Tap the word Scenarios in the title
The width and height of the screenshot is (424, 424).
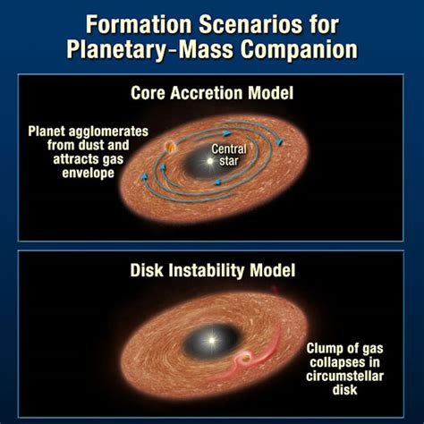[x=251, y=24]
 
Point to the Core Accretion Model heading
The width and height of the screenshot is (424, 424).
[x=212, y=93]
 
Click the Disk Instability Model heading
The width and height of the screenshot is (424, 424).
[x=213, y=270]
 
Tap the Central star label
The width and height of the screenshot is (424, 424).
[x=229, y=155]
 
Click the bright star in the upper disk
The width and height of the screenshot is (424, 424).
[x=210, y=161]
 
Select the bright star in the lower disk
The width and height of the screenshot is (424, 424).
[x=211, y=340]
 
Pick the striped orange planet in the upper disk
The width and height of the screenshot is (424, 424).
[x=170, y=147]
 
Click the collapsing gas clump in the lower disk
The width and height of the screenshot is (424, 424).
[x=246, y=357]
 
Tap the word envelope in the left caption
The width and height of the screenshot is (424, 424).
[x=88, y=173]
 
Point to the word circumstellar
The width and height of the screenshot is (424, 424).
[x=344, y=376]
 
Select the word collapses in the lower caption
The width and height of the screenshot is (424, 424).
[x=344, y=362]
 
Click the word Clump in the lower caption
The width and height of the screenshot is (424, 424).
[x=326, y=349]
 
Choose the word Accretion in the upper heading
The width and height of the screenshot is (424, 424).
[x=208, y=93]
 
